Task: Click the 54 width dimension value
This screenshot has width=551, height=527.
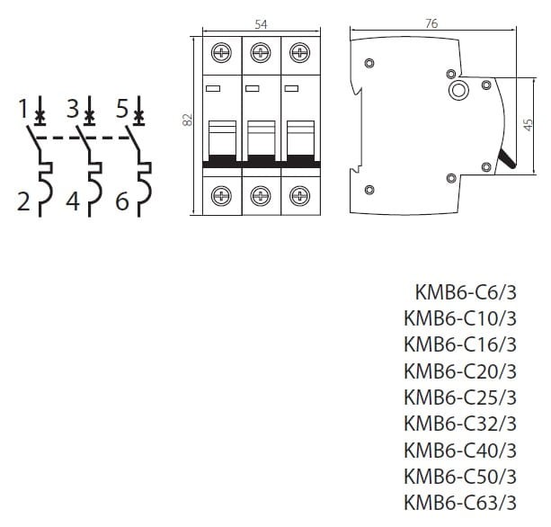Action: (261, 24)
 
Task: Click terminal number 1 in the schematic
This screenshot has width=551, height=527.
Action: (23, 111)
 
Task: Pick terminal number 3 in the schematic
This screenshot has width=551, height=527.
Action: (74, 111)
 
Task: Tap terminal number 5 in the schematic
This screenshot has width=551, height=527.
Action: (123, 111)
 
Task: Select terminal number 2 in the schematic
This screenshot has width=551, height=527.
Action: (23, 201)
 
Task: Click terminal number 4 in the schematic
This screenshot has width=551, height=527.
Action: (74, 201)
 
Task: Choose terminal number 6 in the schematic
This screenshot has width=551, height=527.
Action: (123, 201)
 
